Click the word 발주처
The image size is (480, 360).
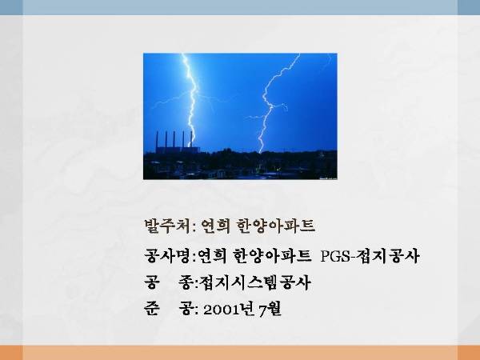168,226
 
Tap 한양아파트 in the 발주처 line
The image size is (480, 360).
276,226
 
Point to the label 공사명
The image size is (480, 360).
168,256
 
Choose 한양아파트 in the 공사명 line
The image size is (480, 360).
272,256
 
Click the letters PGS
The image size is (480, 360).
335,257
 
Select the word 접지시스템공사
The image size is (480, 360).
255,282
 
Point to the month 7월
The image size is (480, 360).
270,309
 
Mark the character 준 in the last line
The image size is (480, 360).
152,309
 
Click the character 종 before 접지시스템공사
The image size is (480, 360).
186,282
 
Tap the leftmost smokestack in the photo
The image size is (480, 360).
157,139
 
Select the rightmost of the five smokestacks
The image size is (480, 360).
192,139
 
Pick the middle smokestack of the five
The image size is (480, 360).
174,139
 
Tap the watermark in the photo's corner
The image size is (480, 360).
328,178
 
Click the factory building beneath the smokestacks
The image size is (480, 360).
177,150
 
